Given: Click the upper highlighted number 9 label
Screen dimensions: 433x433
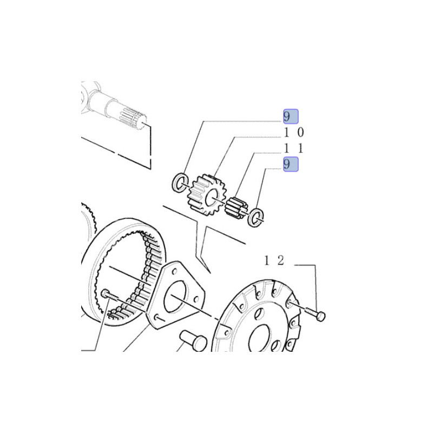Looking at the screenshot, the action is (x=291, y=116).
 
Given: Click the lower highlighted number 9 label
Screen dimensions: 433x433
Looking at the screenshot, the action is (x=291, y=164).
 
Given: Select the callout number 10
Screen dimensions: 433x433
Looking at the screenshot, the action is (x=294, y=133).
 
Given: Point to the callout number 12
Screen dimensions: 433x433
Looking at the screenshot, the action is (x=274, y=260).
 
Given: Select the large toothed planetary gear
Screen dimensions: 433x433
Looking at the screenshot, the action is (x=207, y=194).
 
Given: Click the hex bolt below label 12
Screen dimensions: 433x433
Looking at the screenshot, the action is (x=316, y=313).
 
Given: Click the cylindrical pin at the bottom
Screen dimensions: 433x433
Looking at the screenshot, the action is (x=193, y=340).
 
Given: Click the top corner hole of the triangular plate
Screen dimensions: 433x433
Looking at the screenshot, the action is (x=174, y=272).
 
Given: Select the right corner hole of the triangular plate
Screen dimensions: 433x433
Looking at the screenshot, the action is (x=196, y=299).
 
